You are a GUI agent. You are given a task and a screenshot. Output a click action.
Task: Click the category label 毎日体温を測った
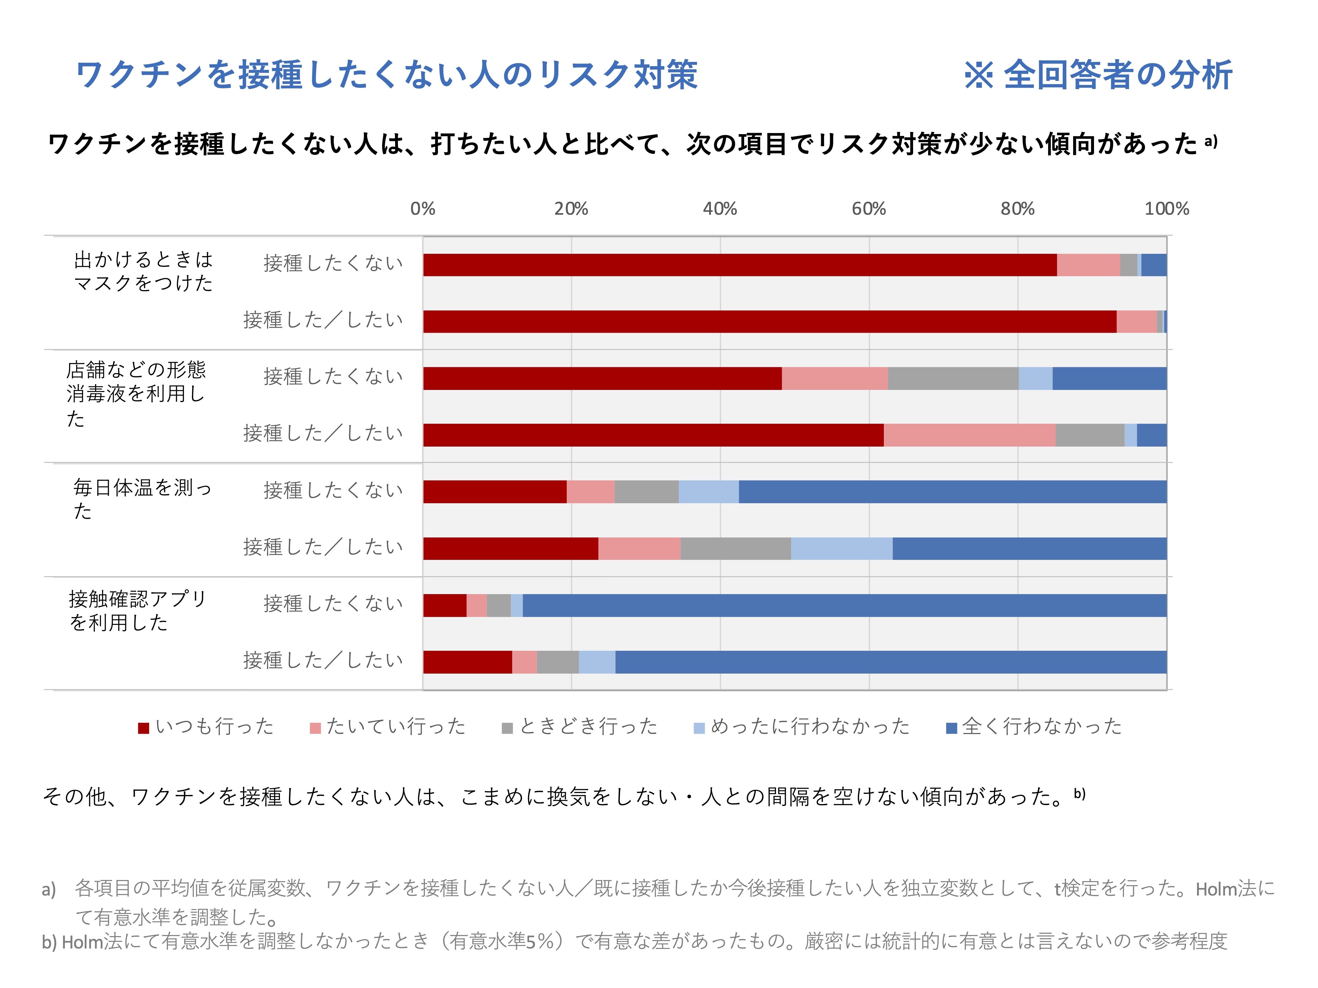pyautogui.click(x=142, y=499)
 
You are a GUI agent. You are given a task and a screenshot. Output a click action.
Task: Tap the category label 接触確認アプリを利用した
pyautogui.click(x=137, y=610)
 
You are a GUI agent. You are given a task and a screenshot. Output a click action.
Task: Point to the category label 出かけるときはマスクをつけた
pyautogui.click(x=143, y=271)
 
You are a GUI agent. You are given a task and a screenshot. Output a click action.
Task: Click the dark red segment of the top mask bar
pyautogui.click(x=739, y=265)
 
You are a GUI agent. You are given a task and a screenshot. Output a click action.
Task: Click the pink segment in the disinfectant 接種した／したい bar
pyautogui.click(x=970, y=435)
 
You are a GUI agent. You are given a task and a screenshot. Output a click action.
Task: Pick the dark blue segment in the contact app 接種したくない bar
pyautogui.click(x=844, y=606)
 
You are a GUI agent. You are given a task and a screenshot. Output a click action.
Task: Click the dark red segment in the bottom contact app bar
pyautogui.click(x=467, y=662)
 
